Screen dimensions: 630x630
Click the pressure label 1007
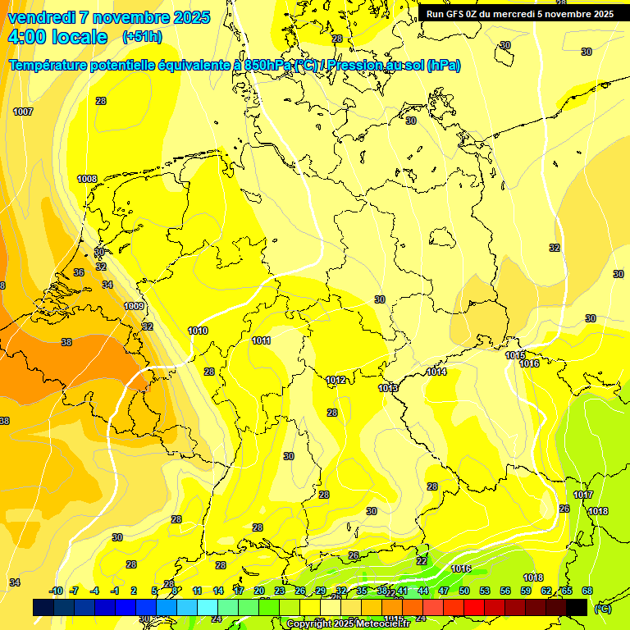coord(23,112)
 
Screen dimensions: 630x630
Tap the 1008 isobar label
coord(87,179)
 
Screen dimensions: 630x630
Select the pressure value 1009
coord(135,306)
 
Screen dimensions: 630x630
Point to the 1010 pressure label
coord(198,331)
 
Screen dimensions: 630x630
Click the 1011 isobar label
coord(262,340)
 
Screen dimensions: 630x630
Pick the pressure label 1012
coord(336,380)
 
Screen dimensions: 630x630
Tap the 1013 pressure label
coord(388,388)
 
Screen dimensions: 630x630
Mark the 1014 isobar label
coord(436,372)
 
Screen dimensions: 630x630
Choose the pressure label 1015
coord(515,355)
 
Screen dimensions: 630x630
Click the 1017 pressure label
coord(583,495)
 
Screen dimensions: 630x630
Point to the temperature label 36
coord(79,272)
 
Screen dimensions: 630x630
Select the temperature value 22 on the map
coord(422,561)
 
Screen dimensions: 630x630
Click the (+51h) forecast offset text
coord(142,37)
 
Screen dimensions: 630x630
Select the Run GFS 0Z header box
coord(519,14)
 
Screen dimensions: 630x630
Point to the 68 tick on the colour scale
coord(587,591)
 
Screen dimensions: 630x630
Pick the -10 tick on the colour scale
coord(56,591)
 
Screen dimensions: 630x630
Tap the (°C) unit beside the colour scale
coord(602,608)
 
